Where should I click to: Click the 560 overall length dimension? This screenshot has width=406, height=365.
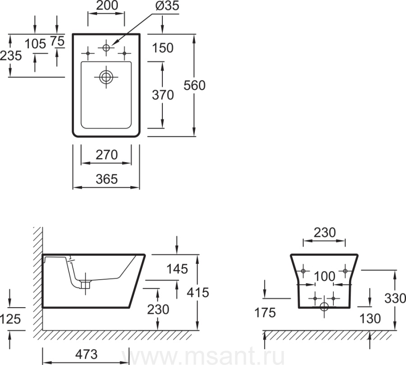point(194,85)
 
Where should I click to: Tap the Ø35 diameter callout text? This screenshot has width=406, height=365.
point(167,6)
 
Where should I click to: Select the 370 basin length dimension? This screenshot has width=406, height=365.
point(162,95)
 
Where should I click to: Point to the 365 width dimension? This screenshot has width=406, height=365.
point(106,179)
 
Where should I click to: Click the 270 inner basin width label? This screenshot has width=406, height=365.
point(106,155)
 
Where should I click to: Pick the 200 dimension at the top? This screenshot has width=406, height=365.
point(107,5)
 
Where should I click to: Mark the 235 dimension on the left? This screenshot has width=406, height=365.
point(11,56)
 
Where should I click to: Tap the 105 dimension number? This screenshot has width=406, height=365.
point(35,44)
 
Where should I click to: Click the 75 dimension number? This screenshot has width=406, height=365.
point(57,41)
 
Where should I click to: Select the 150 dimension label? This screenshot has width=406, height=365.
point(162,48)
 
